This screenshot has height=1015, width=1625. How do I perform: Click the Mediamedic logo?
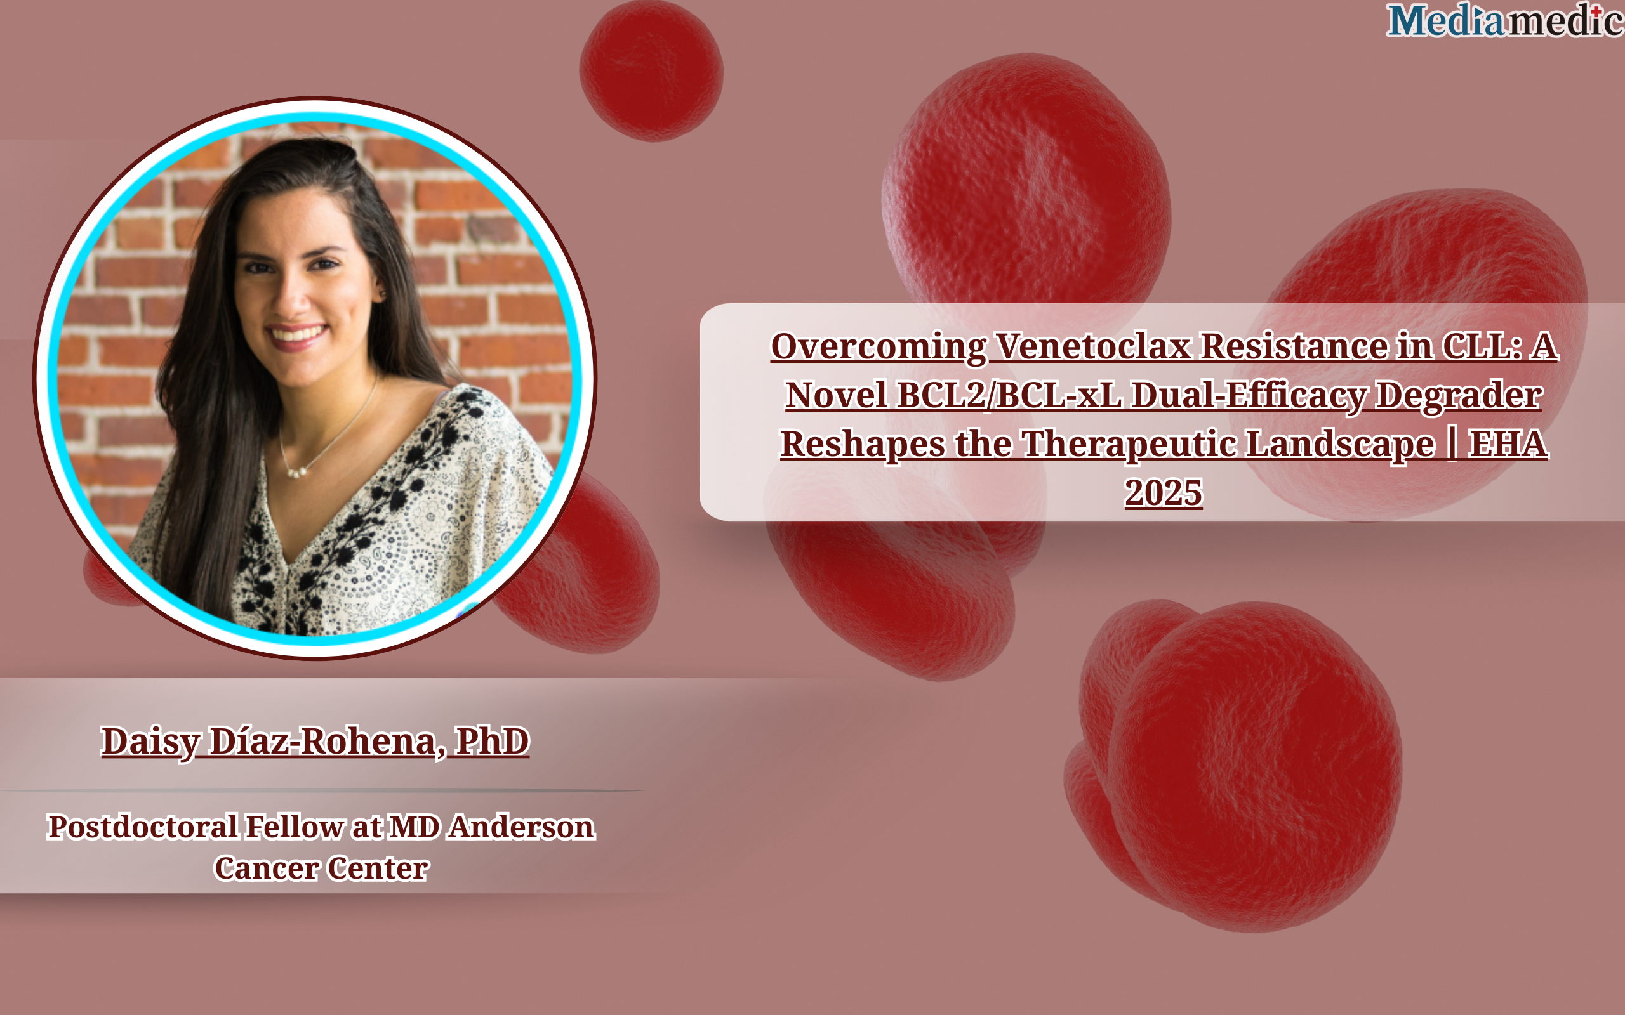1505,20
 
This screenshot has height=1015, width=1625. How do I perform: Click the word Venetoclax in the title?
1092,347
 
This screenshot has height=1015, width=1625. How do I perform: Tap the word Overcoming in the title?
879,348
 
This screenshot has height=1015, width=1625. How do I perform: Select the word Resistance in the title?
1294,347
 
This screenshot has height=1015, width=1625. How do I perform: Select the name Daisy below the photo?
150,742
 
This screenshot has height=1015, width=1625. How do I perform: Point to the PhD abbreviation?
492,741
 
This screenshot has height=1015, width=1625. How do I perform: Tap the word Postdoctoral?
142,827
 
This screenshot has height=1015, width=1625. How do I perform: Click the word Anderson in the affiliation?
522,827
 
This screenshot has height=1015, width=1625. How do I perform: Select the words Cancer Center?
322,868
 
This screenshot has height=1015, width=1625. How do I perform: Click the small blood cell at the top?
651,70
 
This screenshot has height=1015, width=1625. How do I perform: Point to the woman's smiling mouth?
296,335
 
